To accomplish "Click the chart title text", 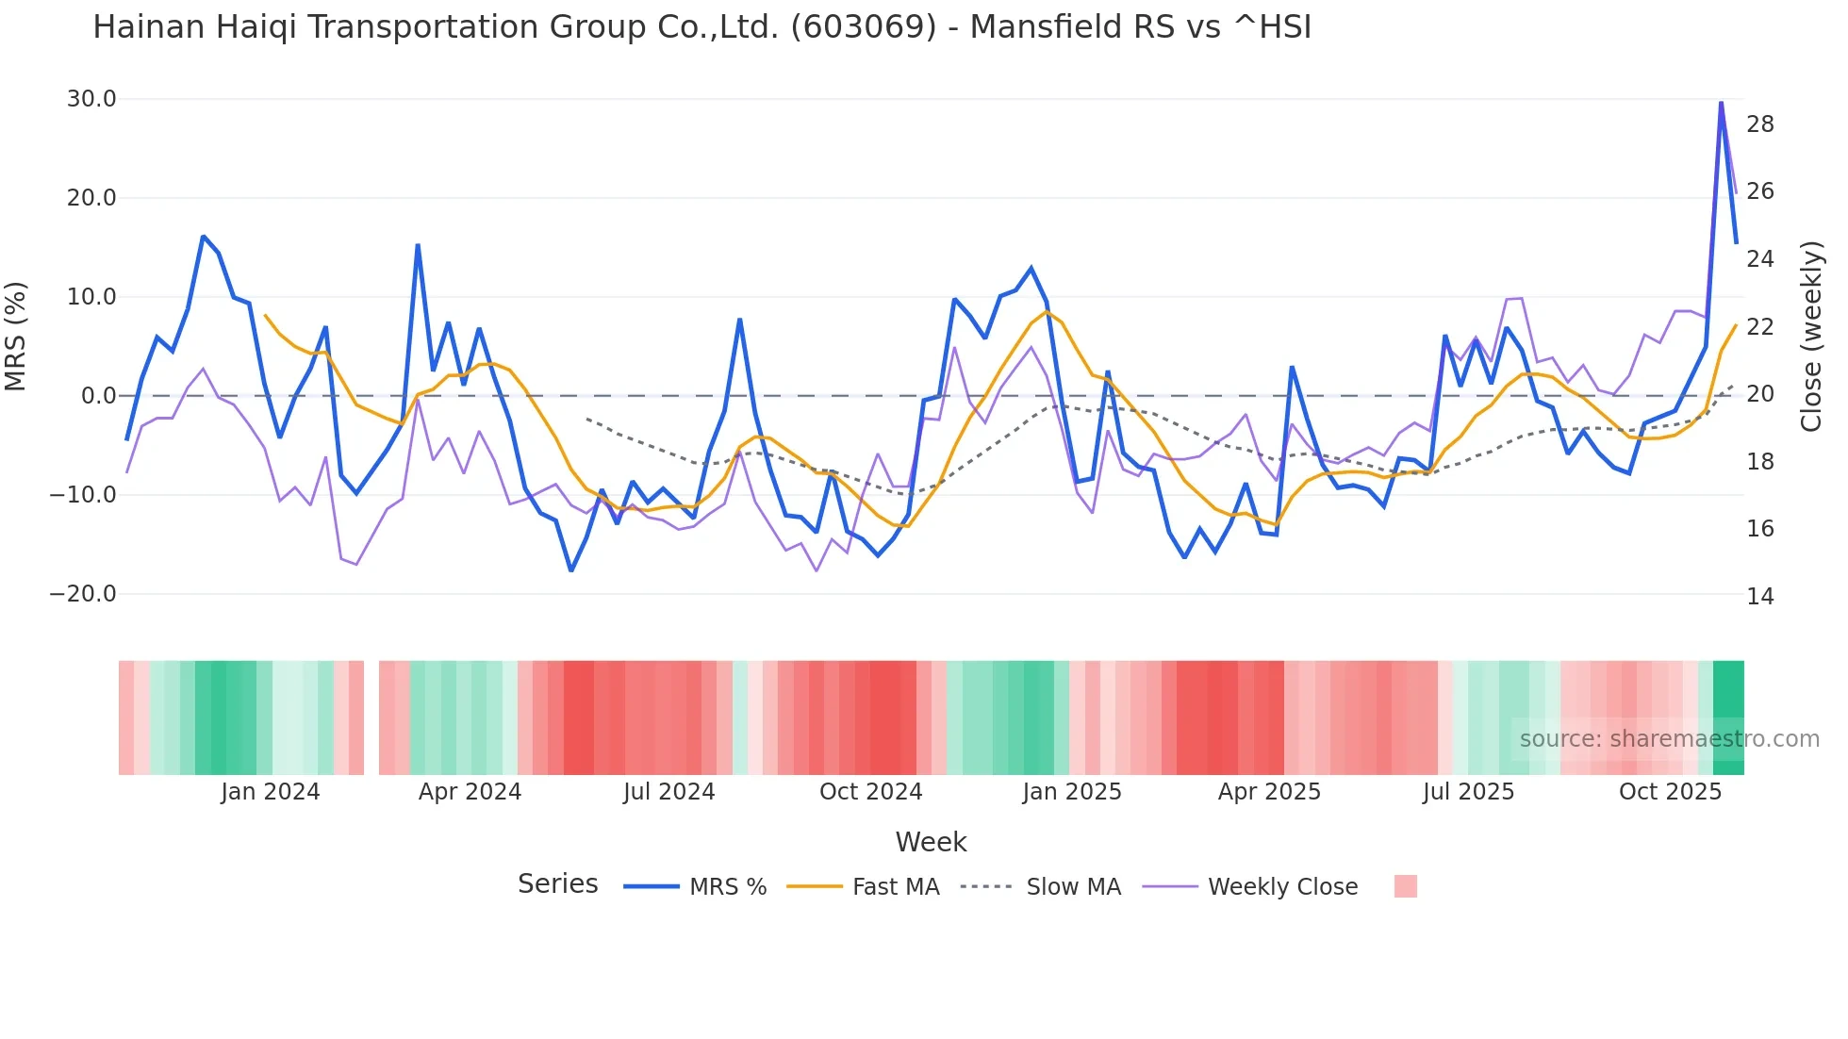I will (x=701, y=27).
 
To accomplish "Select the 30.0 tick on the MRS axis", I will (x=91, y=99).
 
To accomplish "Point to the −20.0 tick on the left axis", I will (x=83, y=594).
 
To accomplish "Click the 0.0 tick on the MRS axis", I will (x=98, y=396).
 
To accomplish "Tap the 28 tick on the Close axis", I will (x=1760, y=124).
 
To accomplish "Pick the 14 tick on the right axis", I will (x=1760, y=597).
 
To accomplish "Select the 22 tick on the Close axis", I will (x=1760, y=327).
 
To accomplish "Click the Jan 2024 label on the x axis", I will (x=271, y=792).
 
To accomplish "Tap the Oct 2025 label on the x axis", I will (x=1670, y=792).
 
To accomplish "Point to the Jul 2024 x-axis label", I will (x=668, y=792).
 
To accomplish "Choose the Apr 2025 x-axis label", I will (x=1269, y=792).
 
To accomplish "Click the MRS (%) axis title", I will (x=16, y=336).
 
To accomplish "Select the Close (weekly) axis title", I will (x=1811, y=337).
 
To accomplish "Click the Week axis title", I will (x=931, y=842).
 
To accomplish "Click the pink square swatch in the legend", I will (x=1405, y=886).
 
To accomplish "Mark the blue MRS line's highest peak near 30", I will (x=1721, y=102).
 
